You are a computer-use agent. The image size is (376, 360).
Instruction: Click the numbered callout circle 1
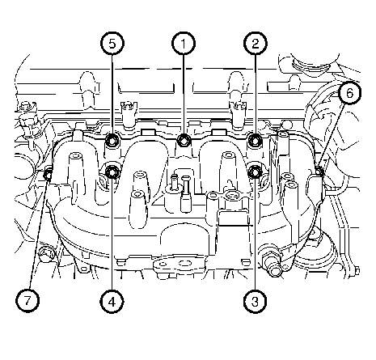pyautogui.click(x=184, y=43)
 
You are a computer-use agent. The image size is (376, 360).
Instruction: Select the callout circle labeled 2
pyautogui.click(x=256, y=43)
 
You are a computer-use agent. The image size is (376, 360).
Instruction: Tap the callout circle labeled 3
pyautogui.click(x=255, y=301)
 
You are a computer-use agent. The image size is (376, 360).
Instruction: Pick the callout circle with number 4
pyautogui.click(x=112, y=301)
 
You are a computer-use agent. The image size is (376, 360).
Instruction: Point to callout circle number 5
pyautogui.click(x=112, y=43)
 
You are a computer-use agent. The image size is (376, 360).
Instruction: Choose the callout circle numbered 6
pyautogui.click(x=349, y=93)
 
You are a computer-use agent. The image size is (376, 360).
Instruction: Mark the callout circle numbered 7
pyautogui.click(x=27, y=301)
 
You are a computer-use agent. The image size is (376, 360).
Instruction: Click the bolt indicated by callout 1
pyautogui.click(x=184, y=140)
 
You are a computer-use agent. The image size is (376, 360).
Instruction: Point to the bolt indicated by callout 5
pyautogui.click(x=112, y=141)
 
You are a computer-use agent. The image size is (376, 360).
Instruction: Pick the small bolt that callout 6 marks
pyautogui.click(x=319, y=171)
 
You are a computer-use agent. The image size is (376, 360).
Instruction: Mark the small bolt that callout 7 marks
pyautogui.click(x=48, y=175)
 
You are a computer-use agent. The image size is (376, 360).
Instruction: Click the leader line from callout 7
pyautogui.click(x=39, y=232)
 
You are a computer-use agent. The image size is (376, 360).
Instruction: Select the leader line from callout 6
pyautogui.click(x=332, y=137)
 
